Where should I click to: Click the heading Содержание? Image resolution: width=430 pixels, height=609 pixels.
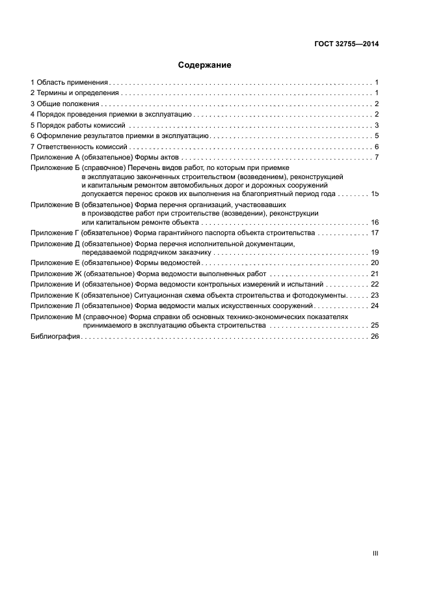205,65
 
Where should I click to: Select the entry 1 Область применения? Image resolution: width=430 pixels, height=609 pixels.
70,83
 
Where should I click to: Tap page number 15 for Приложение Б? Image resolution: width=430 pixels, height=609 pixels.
374,194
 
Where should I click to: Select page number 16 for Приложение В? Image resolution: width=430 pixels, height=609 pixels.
374,222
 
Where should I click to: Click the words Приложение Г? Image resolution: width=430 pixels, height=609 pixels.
55,233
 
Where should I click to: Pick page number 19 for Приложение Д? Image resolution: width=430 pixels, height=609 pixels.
374,252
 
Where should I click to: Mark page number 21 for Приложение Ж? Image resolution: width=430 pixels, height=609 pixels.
374,274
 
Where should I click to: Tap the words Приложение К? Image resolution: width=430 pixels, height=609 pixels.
55,294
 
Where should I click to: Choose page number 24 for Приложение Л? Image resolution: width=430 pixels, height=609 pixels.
374,305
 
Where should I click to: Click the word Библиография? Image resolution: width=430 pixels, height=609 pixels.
55,336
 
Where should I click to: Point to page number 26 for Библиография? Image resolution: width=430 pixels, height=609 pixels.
374,336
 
